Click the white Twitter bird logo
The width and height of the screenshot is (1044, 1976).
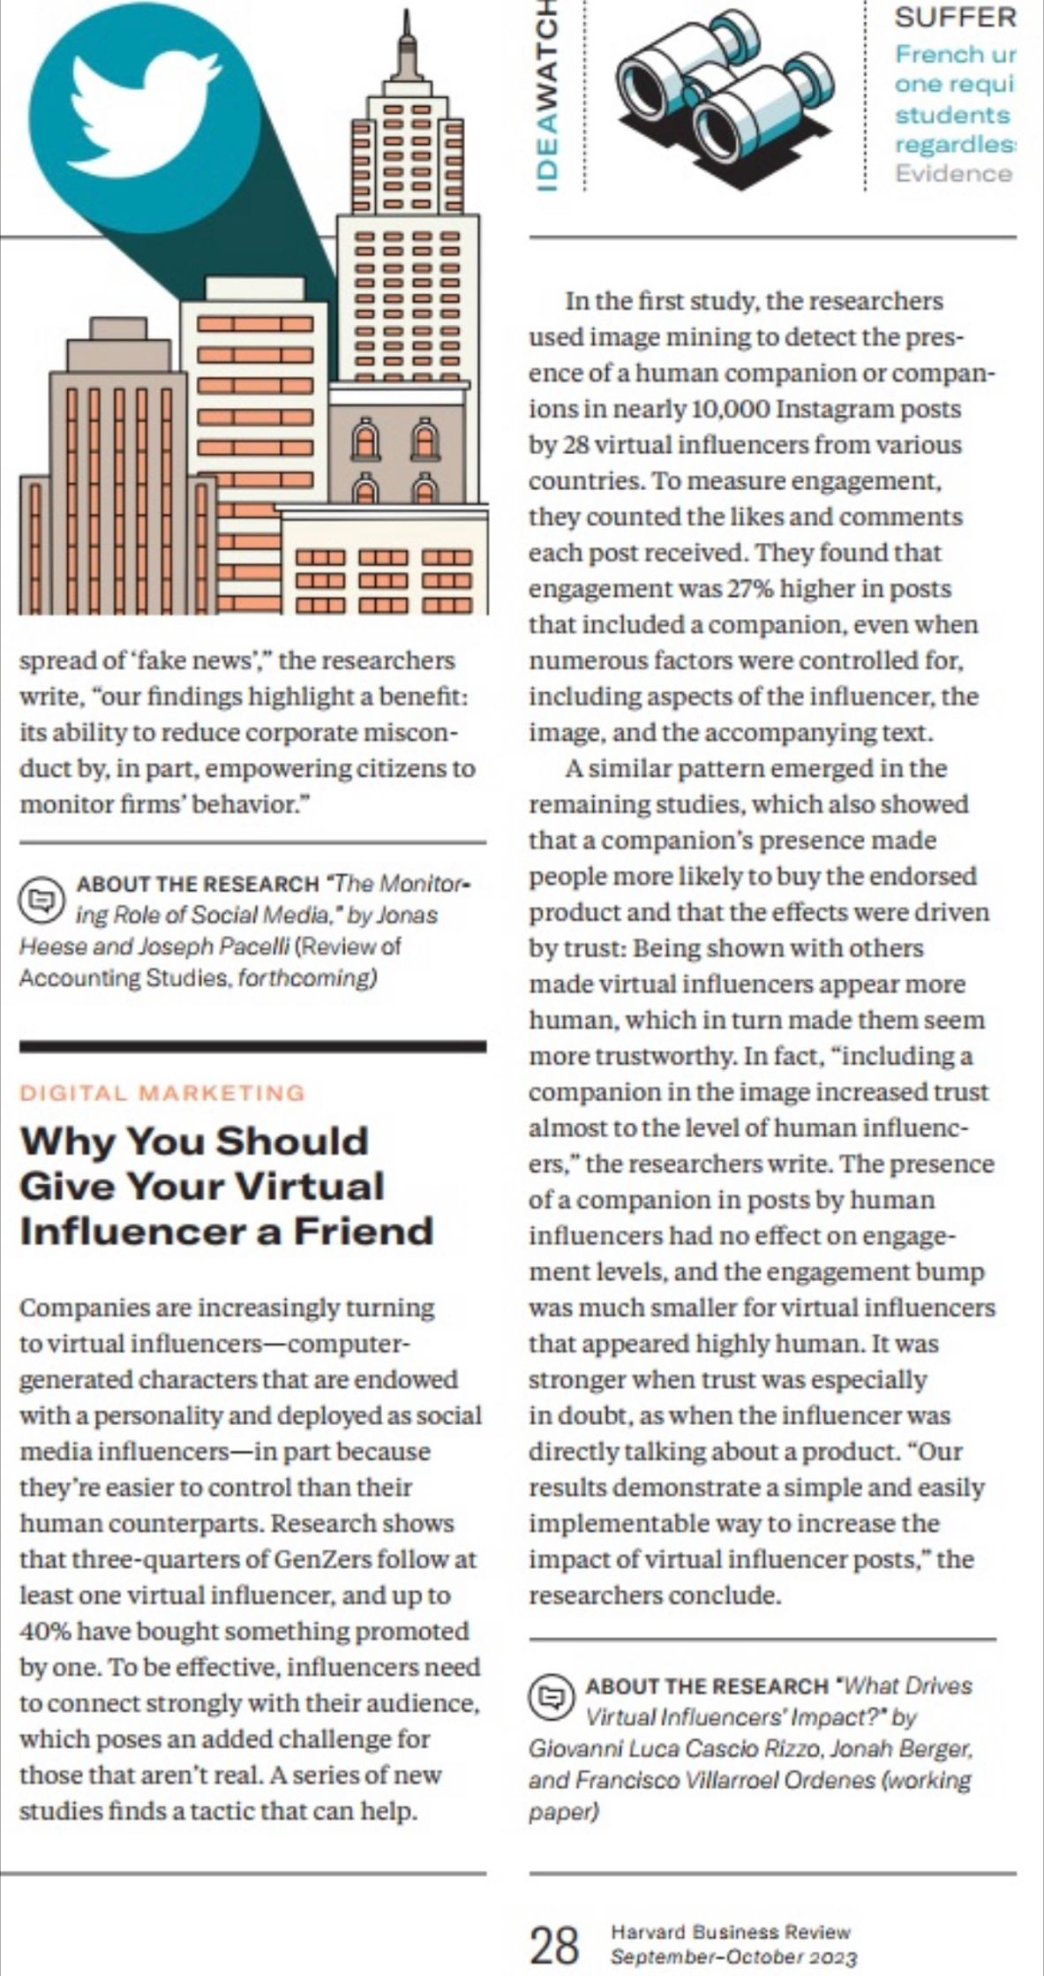click(x=141, y=115)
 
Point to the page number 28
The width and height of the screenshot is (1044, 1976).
click(x=555, y=1945)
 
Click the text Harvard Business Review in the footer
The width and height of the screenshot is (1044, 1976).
click(x=730, y=1932)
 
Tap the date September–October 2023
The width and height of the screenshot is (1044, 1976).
click(x=732, y=1957)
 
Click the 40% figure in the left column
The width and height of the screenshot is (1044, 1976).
click(x=42, y=1632)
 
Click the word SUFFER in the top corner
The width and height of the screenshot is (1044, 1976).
click(x=943, y=16)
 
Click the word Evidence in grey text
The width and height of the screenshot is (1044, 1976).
click(x=952, y=173)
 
